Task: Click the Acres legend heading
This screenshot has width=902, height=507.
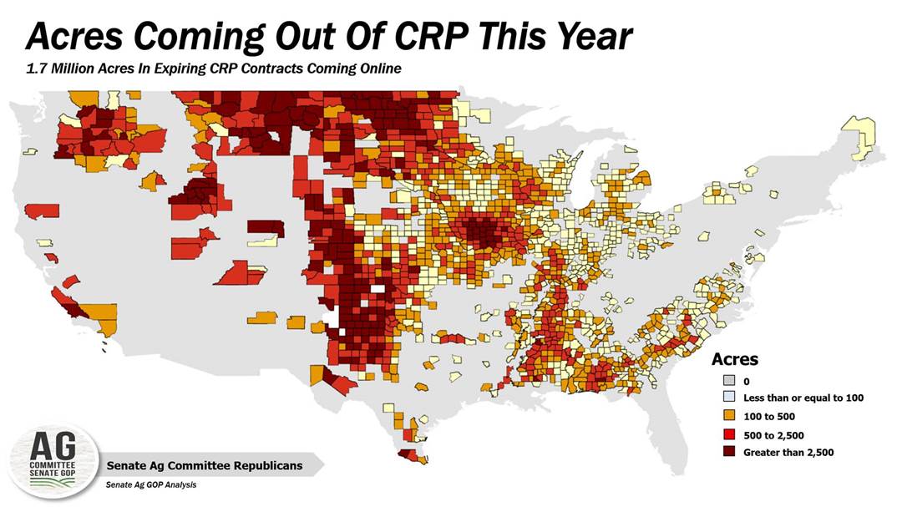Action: coord(734,360)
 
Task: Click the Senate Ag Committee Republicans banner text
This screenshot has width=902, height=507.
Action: coord(204,465)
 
